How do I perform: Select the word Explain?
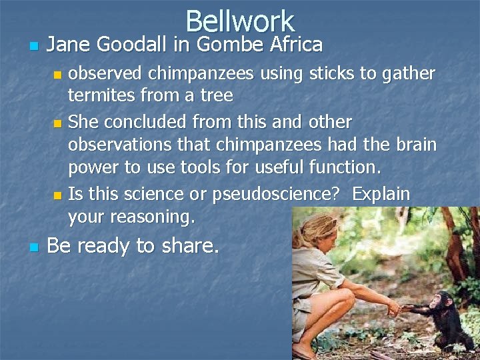click(381, 194)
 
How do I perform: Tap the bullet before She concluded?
click(57, 123)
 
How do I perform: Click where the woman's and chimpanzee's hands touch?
click(397, 308)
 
